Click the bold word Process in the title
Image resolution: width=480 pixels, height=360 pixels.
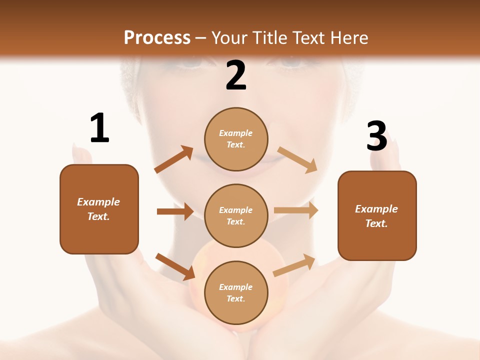157,37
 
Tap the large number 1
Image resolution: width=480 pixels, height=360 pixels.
99,128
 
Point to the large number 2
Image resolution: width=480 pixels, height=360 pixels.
236,75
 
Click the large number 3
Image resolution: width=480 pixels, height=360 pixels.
376,136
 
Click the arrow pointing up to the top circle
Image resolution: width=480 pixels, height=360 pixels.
174,159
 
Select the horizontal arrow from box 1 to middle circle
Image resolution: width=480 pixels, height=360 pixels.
175,211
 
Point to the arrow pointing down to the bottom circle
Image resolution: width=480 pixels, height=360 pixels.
175,266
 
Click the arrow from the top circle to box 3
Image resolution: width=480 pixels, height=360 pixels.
297,159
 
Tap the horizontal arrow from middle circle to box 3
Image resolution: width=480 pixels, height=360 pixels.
296,210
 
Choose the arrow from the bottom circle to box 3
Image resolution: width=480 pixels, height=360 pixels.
294,265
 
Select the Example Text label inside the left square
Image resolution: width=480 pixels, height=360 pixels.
98,209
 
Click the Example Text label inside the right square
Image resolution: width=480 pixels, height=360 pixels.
376,216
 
